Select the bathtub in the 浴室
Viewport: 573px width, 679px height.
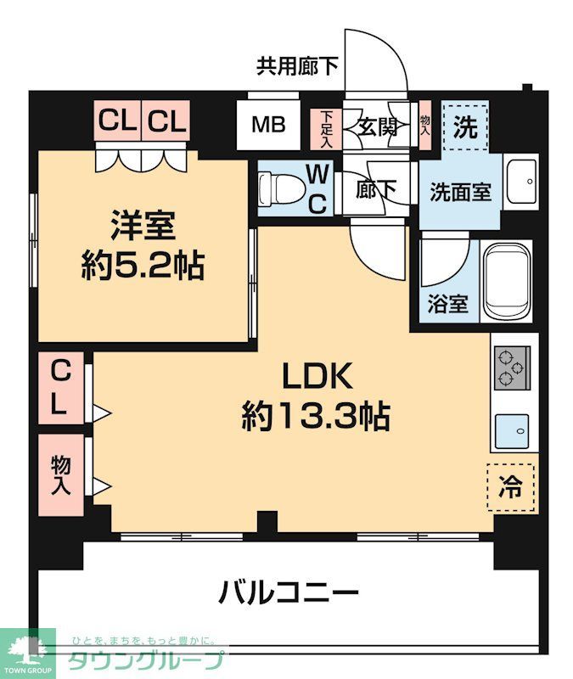pos(507,281)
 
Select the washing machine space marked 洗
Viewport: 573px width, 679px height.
pos(465,127)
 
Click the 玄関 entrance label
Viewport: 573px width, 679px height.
pos(377,128)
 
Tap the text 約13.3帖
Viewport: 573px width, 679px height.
pos(316,416)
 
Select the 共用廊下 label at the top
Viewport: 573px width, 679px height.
pos(298,66)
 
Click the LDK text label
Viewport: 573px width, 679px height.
pos(317,374)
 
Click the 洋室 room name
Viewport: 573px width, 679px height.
pos(142,227)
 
